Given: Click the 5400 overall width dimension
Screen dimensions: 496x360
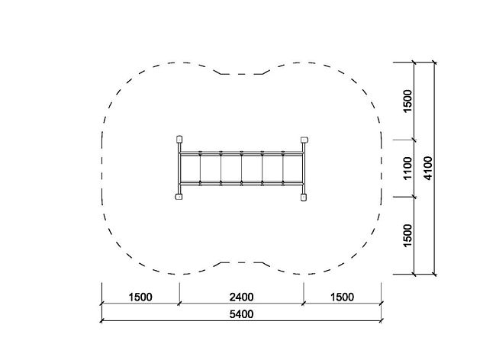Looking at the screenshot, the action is click(241, 314).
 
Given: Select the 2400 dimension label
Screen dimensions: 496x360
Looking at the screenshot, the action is click(241, 297).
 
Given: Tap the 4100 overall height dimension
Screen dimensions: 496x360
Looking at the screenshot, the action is click(427, 168).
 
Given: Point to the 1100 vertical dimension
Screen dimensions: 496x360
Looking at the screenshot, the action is click(408, 168).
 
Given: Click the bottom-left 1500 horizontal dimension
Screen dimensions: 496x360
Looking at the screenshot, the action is click(140, 297).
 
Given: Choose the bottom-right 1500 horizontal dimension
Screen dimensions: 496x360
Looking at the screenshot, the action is click(343, 297).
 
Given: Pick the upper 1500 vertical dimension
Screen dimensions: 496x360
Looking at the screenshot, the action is click(408, 101).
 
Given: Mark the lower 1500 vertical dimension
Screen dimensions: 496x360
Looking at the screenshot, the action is click(408, 236).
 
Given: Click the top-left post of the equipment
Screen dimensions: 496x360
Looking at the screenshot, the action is click(179, 140).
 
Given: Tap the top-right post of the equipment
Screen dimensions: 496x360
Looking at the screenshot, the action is click(304, 140).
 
